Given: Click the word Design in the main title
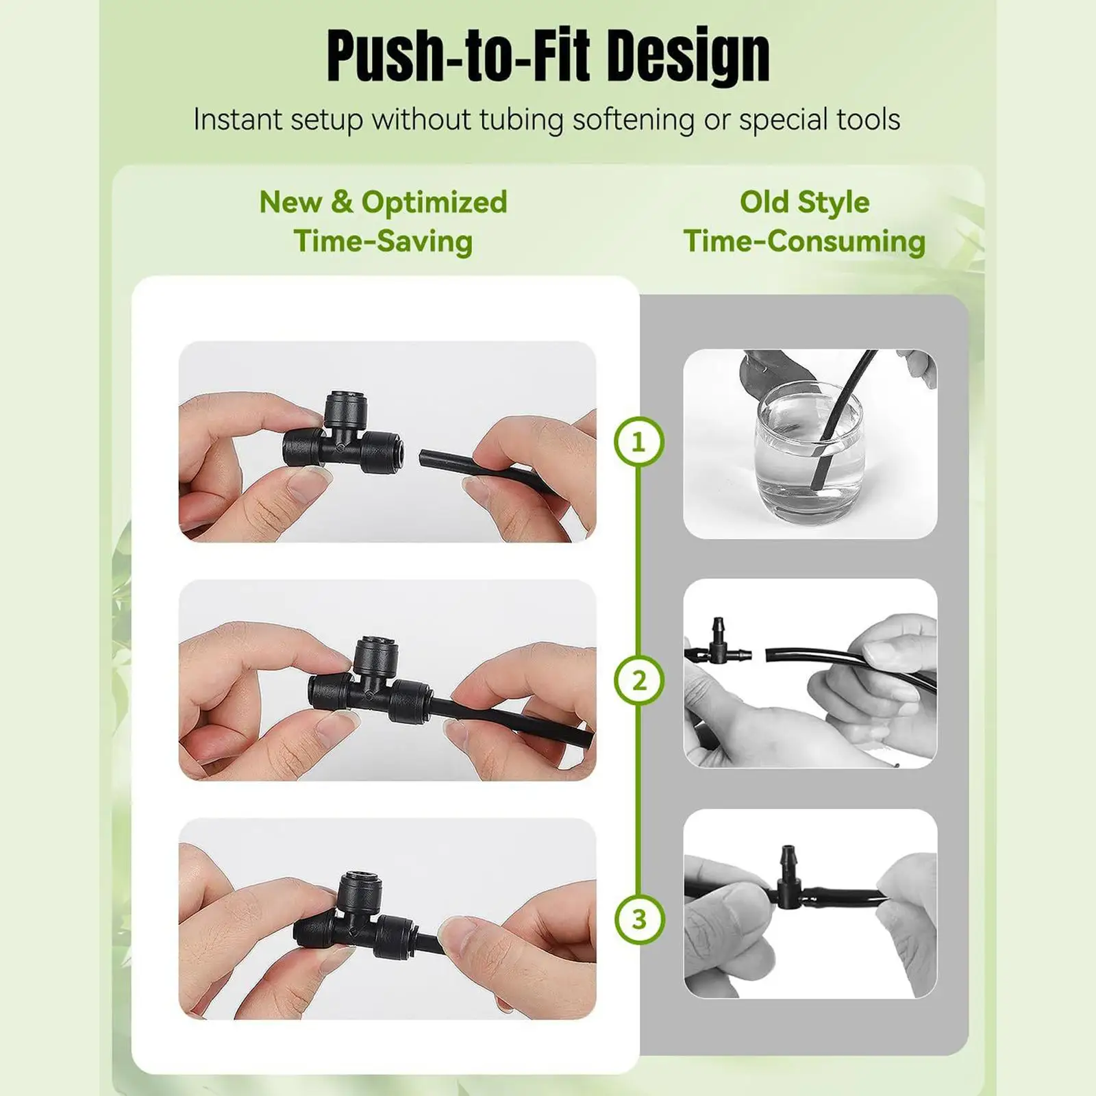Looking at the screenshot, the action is tap(688, 57).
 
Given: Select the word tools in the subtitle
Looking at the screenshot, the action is tap(862, 119).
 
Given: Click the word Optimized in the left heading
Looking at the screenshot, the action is tap(434, 202).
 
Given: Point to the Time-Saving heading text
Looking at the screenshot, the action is tap(384, 241).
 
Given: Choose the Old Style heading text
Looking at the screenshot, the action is tap(804, 202).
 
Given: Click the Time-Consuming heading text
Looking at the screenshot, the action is tap(804, 241).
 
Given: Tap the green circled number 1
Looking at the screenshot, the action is tap(638, 442).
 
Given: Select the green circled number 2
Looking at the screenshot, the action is tap(639, 680).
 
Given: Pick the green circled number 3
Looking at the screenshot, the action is tap(639, 919).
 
